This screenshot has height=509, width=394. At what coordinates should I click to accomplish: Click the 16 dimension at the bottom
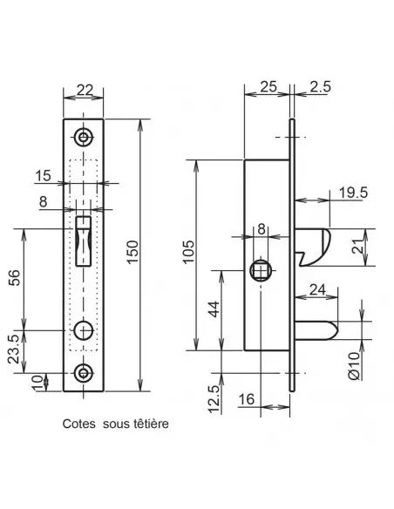[x=245, y=397]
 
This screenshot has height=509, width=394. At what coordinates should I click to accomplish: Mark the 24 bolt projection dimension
[x=317, y=291]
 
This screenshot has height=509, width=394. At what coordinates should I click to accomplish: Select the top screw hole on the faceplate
[x=84, y=137]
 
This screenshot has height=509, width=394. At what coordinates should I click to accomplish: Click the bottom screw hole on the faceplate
[x=84, y=372]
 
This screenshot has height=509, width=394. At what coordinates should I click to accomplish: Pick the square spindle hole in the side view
[x=260, y=270]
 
